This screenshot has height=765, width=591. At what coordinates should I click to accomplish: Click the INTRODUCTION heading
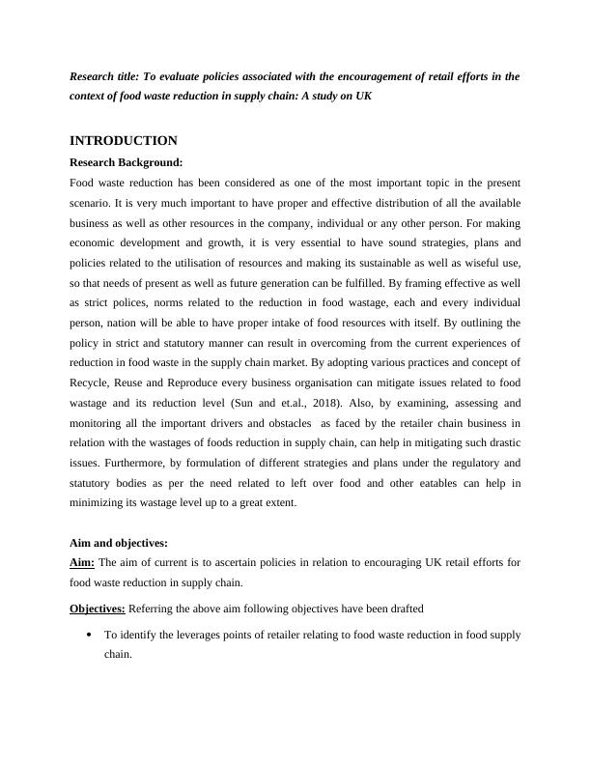[123, 141]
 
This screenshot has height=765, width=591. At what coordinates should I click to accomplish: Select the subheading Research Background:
[126, 162]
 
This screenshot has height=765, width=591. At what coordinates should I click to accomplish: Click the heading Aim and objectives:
[119, 544]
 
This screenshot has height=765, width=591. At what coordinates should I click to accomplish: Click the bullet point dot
[89, 635]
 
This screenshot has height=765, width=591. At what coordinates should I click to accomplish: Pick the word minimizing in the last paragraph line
[99, 503]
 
